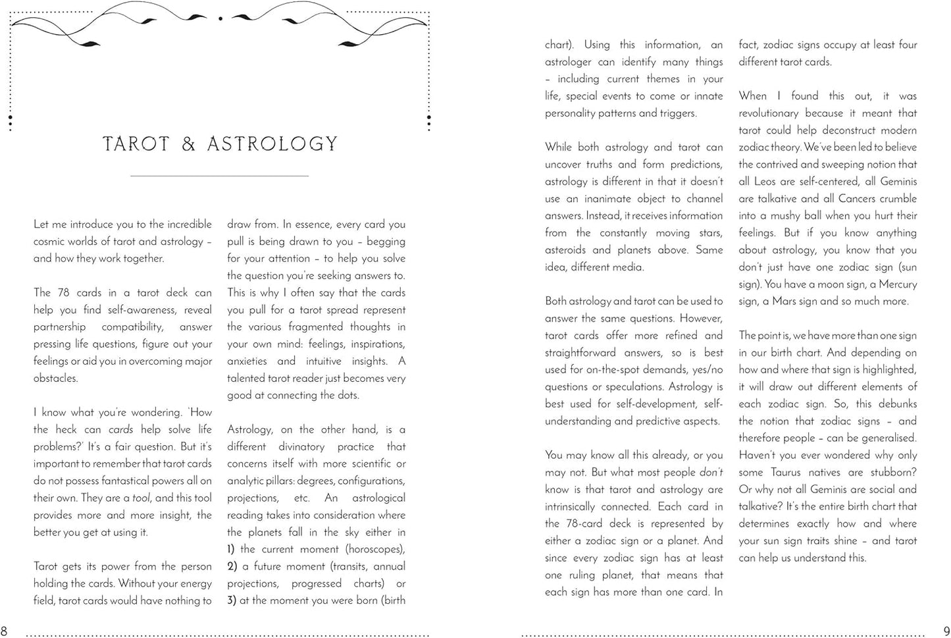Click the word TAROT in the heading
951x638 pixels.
pyautogui.click(x=137, y=144)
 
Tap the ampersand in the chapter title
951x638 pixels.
pyautogui.click(x=189, y=144)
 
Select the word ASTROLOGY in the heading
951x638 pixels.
pyautogui.click(x=272, y=144)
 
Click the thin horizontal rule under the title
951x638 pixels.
pyautogui.click(x=219, y=176)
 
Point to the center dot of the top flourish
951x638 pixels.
pyautogui.click(x=220, y=18)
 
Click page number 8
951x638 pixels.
pyautogui.click(x=4, y=631)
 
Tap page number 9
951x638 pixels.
pyautogui.click(x=946, y=631)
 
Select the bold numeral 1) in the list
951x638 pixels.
pyautogui.click(x=231, y=549)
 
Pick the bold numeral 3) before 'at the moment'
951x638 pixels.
pyautogui.click(x=231, y=600)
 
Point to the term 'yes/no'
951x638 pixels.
pyautogui.click(x=707, y=370)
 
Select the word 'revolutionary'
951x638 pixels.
pyautogui.click(x=768, y=113)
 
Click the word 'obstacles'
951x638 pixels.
pyautogui.click(x=55, y=379)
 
